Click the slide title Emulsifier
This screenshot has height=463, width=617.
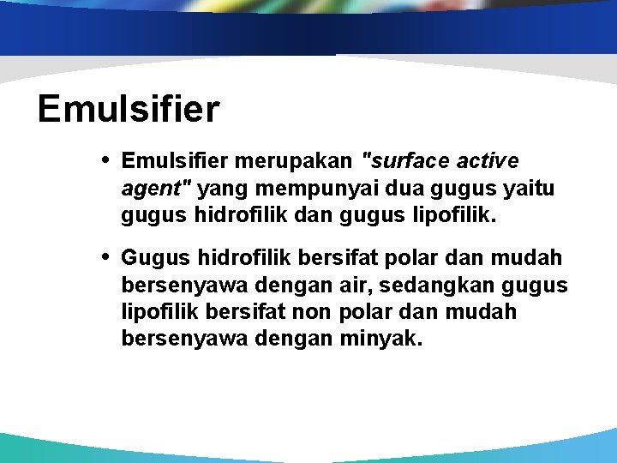tap(129, 110)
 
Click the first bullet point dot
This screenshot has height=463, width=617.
tap(105, 160)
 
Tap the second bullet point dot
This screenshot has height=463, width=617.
tap(105, 256)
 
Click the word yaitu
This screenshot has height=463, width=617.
tap(528, 189)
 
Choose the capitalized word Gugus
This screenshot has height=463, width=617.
tap(155, 257)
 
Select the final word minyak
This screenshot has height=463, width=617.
tap(381, 339)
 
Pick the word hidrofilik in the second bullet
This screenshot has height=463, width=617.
tap(244, 257)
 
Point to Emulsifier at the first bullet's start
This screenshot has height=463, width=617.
tap(174, 161)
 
